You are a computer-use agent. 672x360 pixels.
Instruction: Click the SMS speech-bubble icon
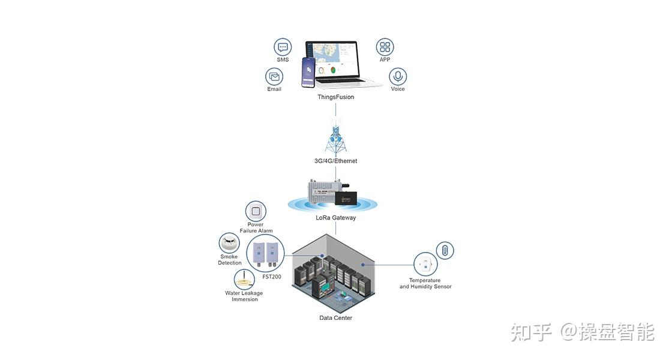click(x=283, y=47)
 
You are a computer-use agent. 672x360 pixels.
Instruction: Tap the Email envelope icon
click(x=274, y=77)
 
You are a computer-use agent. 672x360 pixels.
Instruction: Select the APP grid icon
click(x=385, y=47)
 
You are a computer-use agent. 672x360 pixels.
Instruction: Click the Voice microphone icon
click(x=398, y=77)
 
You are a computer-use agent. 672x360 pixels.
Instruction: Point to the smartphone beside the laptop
click(x=308, y=73)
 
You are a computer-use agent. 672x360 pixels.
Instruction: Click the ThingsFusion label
click(x=335, y=97)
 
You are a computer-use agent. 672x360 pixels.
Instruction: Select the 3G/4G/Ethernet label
click(x=335, y=161)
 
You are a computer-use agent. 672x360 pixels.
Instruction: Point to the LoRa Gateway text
click(x=335, y=217)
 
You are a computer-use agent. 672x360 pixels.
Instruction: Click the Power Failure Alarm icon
click(x=256, y=211)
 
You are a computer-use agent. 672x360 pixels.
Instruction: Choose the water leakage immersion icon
click(x=244, y=280)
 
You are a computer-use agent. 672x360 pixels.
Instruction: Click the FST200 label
click(x=272, y=277)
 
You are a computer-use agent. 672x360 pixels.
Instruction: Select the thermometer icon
click(x=445, y=250)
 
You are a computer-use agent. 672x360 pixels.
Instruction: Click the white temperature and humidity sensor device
click(x=425, y=265)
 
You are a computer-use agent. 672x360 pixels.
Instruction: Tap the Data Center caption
click(x=335, y=317)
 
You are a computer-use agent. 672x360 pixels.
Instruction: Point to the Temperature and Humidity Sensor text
click(x=425, y=283)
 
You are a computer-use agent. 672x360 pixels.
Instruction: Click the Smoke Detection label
click(x=230, y=260)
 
